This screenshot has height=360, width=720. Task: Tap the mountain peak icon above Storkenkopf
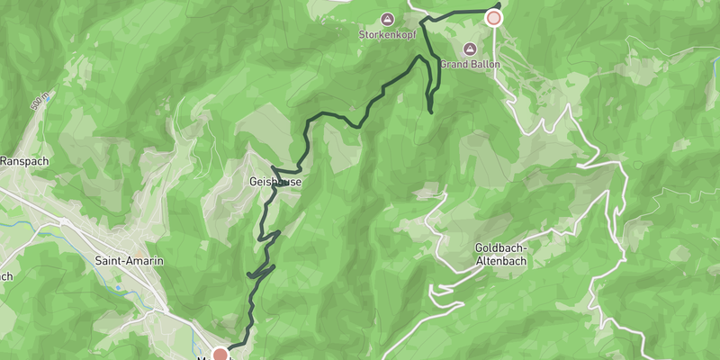387,18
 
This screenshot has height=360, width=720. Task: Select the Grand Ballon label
470,64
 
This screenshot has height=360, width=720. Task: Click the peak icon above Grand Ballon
468,49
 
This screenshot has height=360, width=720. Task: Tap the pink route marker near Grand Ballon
493,17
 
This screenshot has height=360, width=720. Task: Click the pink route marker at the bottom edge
220,354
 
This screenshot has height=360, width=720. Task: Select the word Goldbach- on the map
501,248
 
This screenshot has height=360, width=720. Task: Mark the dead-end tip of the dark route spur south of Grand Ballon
431,112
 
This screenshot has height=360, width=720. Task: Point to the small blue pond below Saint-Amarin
118,288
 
